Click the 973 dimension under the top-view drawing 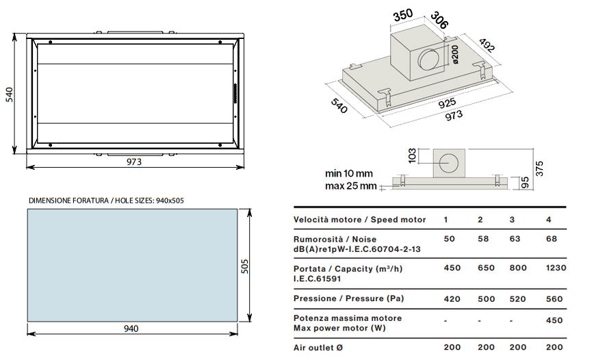click(134, 162)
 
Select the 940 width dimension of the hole click(131, 329)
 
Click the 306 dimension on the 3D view click(439, 21)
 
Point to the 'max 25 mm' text click(350, 185)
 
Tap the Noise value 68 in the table click(552, 239)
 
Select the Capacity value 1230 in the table click(556, 268)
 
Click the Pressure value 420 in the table click(452, 298)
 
